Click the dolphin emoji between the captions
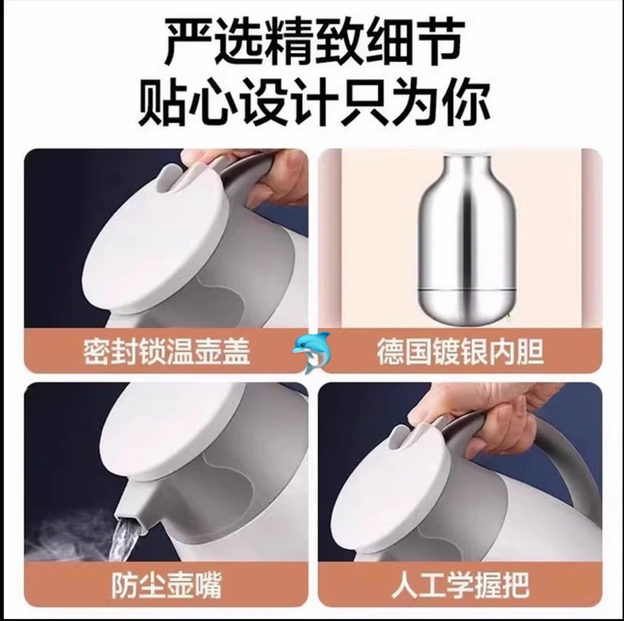click(x=311, y=353)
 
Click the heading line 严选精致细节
click(x=313, y=41)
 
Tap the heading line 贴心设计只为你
click(x=313, y=103)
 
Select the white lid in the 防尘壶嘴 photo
click(x=172, y=434)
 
